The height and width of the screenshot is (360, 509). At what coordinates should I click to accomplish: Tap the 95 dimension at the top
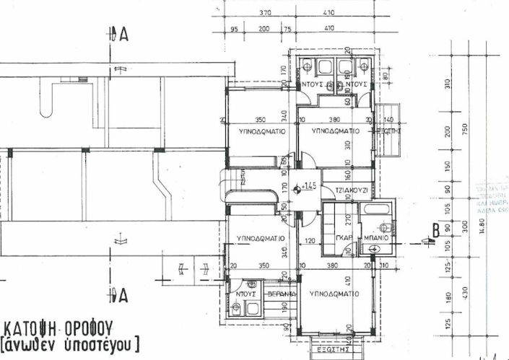pyautogui.click(x=234, y=29)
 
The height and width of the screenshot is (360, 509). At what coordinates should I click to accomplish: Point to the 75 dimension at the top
pyautogui.click(x=287, y=29)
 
